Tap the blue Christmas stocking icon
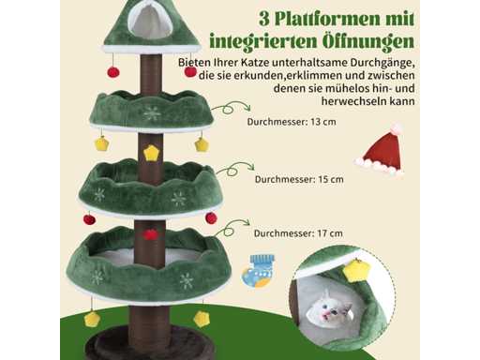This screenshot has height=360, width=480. (x=258, y=271)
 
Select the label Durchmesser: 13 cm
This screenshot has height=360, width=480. (x=292, y=122)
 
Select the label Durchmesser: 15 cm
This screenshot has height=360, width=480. (x=299, y=180)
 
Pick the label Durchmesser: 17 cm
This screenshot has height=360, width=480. (x=298, y=233)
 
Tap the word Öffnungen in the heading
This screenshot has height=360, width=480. (x=367, y=41)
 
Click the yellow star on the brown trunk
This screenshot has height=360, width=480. (x=152, y=153)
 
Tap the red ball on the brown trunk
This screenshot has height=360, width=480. (x=151, y=234)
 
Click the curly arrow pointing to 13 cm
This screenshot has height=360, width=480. (x=231, y=107)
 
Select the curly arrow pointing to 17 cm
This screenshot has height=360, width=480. (x=232, y=228)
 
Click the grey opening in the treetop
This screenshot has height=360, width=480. (x=150, y=22)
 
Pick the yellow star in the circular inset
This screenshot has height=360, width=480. (x=356, y=271)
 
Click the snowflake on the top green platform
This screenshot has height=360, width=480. (x=152, y=113)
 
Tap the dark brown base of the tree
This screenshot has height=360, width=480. (x=150, y=344)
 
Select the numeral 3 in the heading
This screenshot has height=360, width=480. (x=264, y=20)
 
